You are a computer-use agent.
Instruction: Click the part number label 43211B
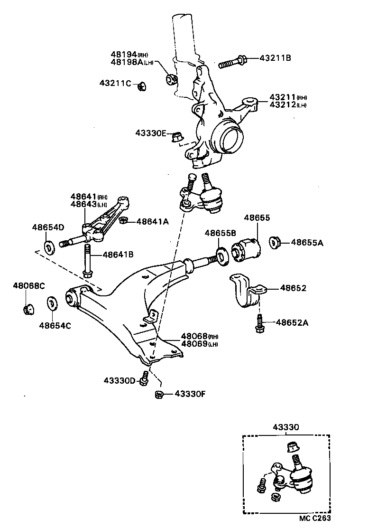point(275,58)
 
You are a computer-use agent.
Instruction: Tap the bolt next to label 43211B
point(232,62)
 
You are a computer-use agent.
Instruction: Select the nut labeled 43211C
point(141,86)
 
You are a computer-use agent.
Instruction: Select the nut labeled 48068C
point(28,309)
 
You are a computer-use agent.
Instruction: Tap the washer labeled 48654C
point(51,303)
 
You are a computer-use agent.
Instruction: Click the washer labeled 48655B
point(221,254)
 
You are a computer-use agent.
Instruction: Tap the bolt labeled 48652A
point(259,324)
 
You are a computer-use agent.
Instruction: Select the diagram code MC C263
point(314,519)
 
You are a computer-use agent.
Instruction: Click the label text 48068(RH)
point(198,336)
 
